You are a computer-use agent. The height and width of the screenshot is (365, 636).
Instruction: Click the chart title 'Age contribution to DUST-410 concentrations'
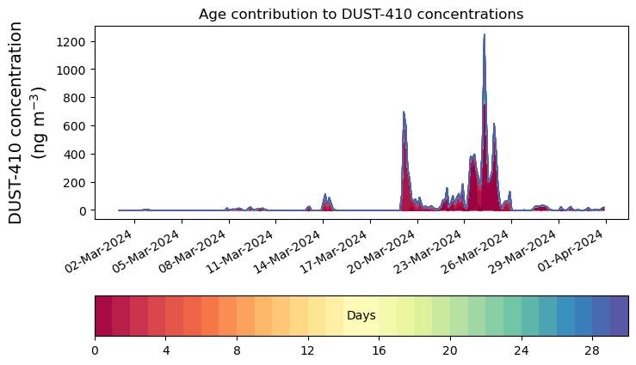click(x=361, y=14)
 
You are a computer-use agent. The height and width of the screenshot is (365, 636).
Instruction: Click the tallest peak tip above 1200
click(x=484, y=35)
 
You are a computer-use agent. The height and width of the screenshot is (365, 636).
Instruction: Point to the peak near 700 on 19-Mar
click(x=404, y=112)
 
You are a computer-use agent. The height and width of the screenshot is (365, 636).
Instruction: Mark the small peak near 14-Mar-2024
click(x=324, y=195)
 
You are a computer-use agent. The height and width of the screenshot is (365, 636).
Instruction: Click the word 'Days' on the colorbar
click(x=361, y=316)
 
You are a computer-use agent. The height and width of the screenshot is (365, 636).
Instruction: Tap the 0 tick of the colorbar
click(x=95, y=350)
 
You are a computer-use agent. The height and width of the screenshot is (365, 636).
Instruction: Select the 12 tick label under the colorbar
click(x=308, y=350)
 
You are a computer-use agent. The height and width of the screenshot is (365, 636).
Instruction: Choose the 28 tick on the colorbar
click(x=592, y=350)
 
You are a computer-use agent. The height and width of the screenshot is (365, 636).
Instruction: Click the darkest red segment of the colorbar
click(x=103, y=316)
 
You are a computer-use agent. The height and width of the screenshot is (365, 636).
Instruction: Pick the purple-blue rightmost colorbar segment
click(x=619, y=316)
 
